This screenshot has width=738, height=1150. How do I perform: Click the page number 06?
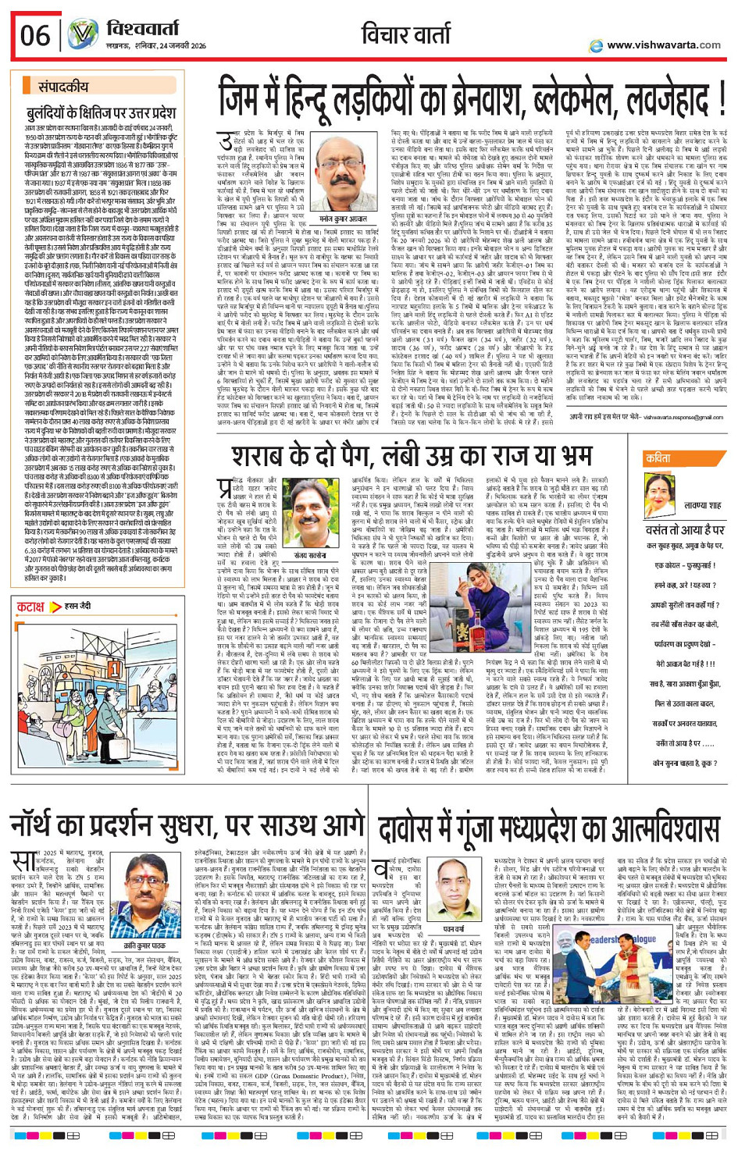35,35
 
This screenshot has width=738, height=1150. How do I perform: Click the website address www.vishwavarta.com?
663,45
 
